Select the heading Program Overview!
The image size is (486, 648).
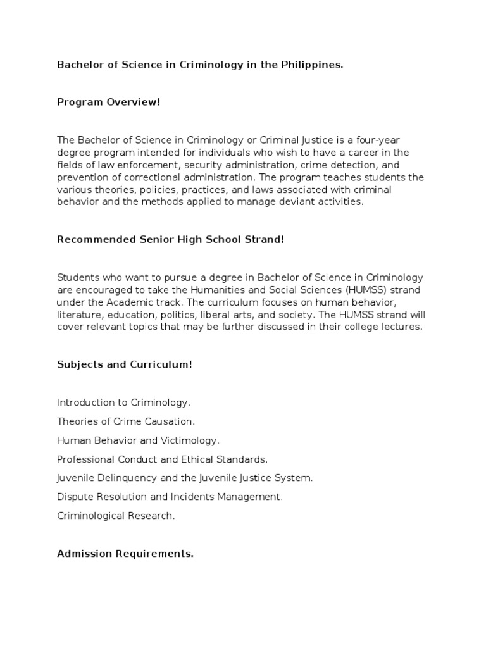tap(109, 101)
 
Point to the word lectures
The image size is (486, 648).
tap(402, 327)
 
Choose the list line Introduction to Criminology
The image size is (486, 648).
tap(123, 402)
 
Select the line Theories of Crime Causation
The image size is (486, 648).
tap(126, 421)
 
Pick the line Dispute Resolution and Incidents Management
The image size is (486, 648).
tap(170, 497)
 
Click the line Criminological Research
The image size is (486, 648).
tap(116, 516)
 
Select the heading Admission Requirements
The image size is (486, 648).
tap(125, 553)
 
